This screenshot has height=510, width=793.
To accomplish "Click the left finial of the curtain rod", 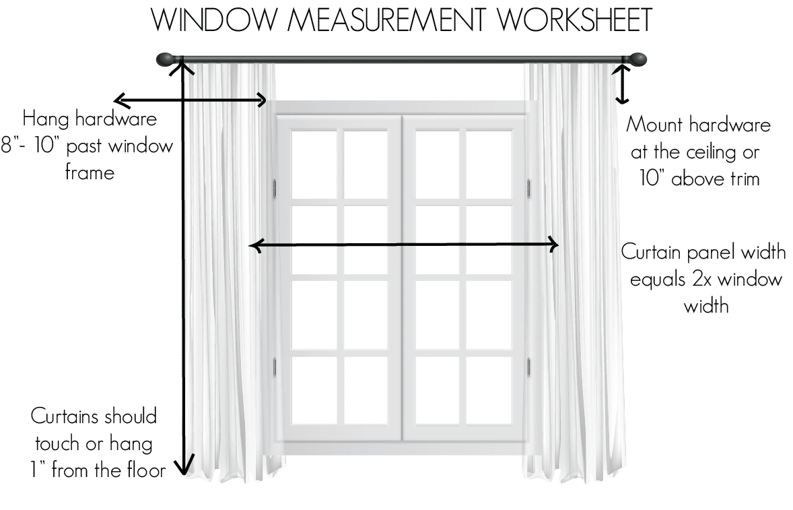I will click(x=165, y=60).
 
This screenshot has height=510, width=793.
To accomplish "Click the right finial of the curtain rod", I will click(x=636, y=60).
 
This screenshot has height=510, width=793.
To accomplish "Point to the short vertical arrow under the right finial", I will click(x=623, y=84).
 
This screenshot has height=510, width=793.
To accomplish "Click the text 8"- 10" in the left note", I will click(x=30, y=146).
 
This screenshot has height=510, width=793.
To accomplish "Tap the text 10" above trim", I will click(x=698, y=179).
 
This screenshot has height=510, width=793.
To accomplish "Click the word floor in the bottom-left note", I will click(x=143, y=470).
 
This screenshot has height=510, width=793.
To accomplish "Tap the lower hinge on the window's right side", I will click(x=529, y=366).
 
